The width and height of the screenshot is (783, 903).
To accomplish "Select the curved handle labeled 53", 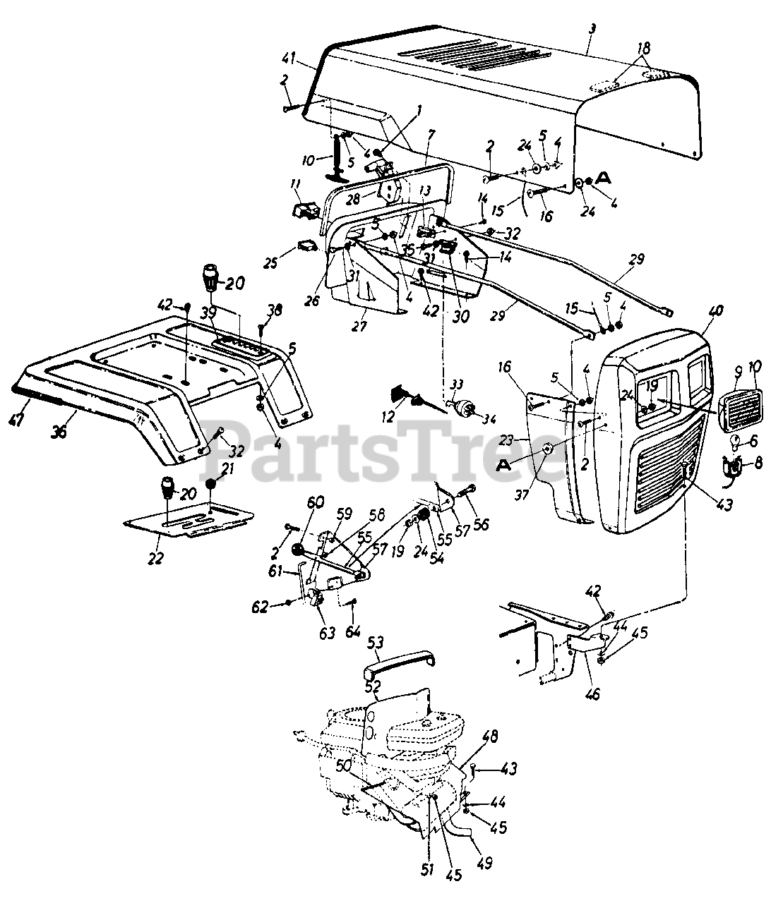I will click(x=395, y=662).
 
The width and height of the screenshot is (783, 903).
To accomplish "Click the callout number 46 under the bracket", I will click(x=592, y=694).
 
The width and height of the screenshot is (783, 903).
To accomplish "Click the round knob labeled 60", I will click(x=298, y=550).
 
